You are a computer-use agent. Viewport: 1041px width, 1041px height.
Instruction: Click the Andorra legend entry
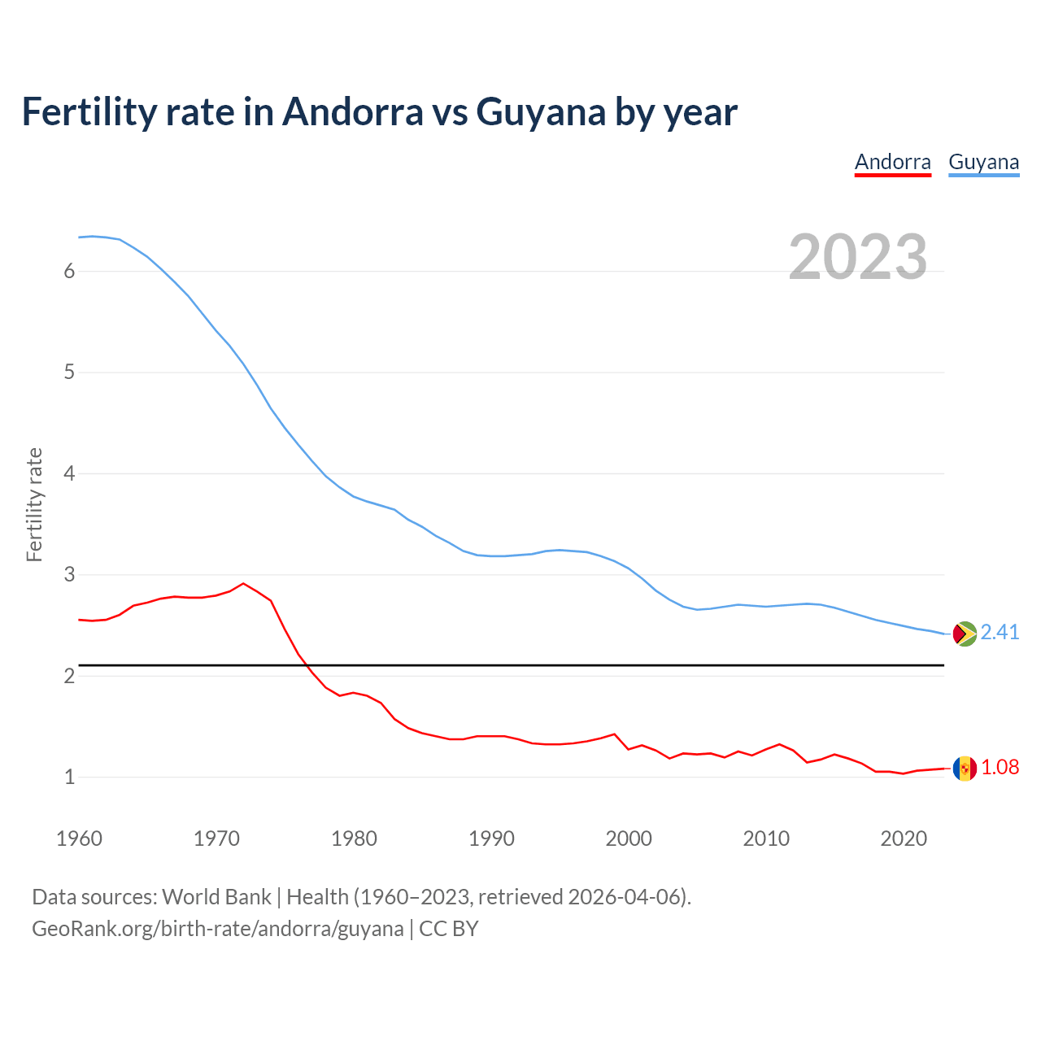tap(892, 162)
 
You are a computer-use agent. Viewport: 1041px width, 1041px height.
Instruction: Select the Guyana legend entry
tap(983, 162)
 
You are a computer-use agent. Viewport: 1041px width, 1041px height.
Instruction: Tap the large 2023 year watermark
tap(857, 257)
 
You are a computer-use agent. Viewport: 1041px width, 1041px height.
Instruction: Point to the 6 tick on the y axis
tap(69, 271)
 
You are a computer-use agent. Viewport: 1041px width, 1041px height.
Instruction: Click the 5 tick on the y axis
tap(69, 372)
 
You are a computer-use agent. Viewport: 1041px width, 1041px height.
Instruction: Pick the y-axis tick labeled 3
tap(69, 575)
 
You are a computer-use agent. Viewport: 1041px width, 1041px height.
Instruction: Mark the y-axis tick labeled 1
tap(69, 777)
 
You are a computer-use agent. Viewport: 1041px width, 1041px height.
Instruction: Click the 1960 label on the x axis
tap(79, 838)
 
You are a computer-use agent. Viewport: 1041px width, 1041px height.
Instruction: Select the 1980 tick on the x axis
tap(354, 838)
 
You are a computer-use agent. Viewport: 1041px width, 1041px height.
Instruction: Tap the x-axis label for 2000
tap(629, 838)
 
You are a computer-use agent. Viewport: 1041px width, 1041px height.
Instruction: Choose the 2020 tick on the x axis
tap(904, 838)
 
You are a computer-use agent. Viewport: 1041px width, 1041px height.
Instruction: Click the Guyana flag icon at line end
tap(965, 634)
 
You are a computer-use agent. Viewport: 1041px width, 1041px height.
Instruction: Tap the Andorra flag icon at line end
tap(965, 768)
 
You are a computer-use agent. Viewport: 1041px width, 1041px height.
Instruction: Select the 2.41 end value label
tap(1000, 633)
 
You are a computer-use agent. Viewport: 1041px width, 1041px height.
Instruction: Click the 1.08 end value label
tap(1000, 768)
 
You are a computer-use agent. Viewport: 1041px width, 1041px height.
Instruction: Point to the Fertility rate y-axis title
tap(34, 504)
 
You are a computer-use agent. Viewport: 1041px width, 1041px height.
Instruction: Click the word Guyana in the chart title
tap(540, 112)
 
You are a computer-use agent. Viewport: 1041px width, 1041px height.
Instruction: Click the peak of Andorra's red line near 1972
tap(243, 583)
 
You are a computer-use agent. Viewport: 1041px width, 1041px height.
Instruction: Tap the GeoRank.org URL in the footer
tap(217, 929)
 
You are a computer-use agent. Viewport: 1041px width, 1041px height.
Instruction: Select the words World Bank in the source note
tap(216, 897)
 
